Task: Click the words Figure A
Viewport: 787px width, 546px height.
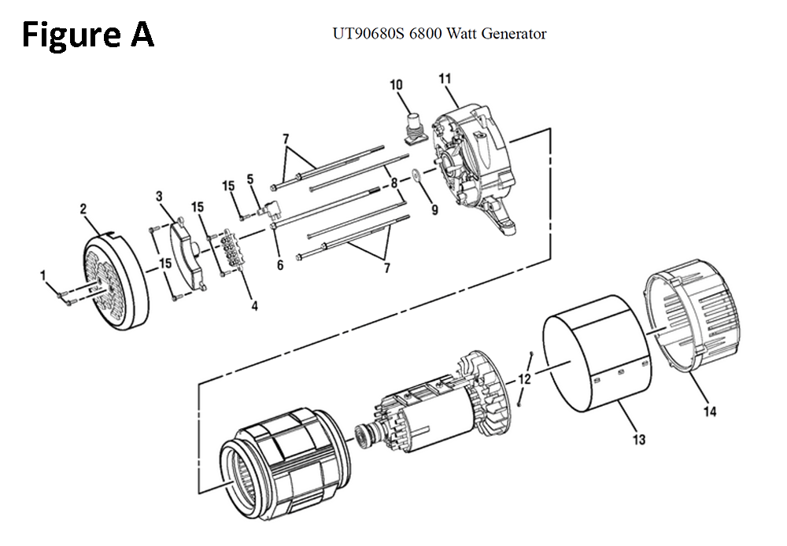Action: coord(87,35)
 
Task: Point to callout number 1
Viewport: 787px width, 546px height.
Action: coord(44,275)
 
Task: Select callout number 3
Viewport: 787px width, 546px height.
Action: coord(159,195)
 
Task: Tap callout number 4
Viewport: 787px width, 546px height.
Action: coord(254,305)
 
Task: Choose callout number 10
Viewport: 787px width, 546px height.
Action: coord(397,85)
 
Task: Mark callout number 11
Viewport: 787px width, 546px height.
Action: coord(445,79)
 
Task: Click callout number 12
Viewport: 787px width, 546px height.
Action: coord(525,378)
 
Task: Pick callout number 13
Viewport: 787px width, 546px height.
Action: coord(639,439)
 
